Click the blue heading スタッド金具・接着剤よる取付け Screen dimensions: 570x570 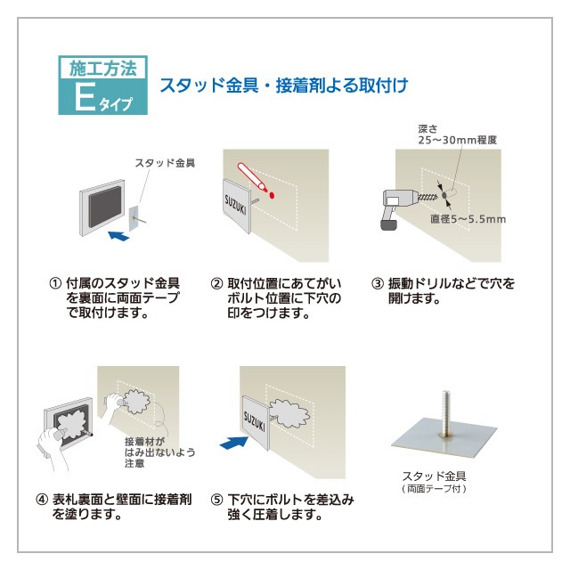pyautogui.click(x=283, y=86)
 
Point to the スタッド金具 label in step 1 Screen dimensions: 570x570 pyautogui.click(x=165, y=163)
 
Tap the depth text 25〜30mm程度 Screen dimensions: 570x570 pyautogui.click(x=457, y=140)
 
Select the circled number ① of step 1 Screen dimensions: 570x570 pyautogui.click(x=54, y=284)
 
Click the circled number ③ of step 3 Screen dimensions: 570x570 pyautogui.click(x=377, y=284)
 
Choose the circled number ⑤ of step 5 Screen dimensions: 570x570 pyautogui.click(x=216, y=501)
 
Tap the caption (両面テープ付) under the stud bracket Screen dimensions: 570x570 pyautogui.click(x=435, y=489)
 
